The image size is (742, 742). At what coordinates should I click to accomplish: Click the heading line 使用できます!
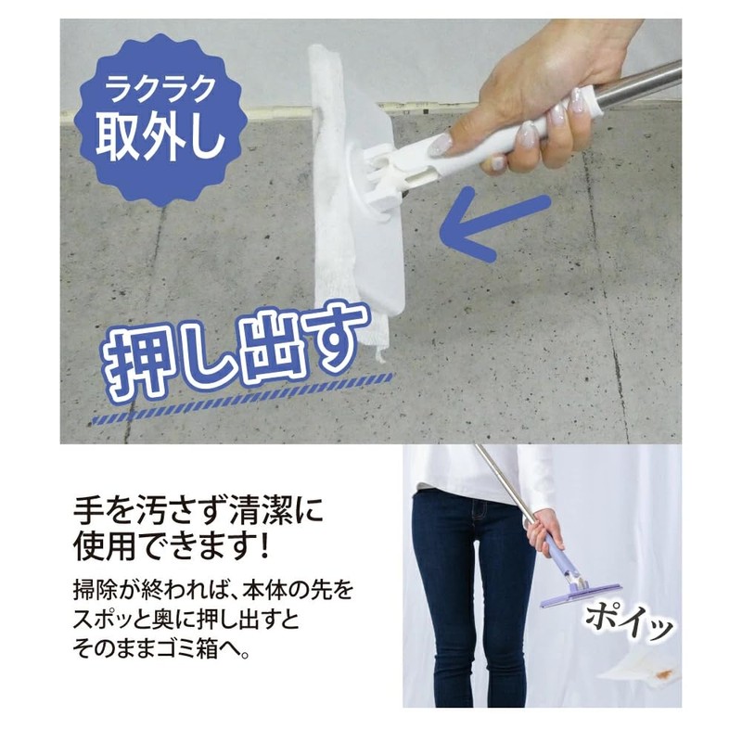pyautogui.click(x=173, y=545)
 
